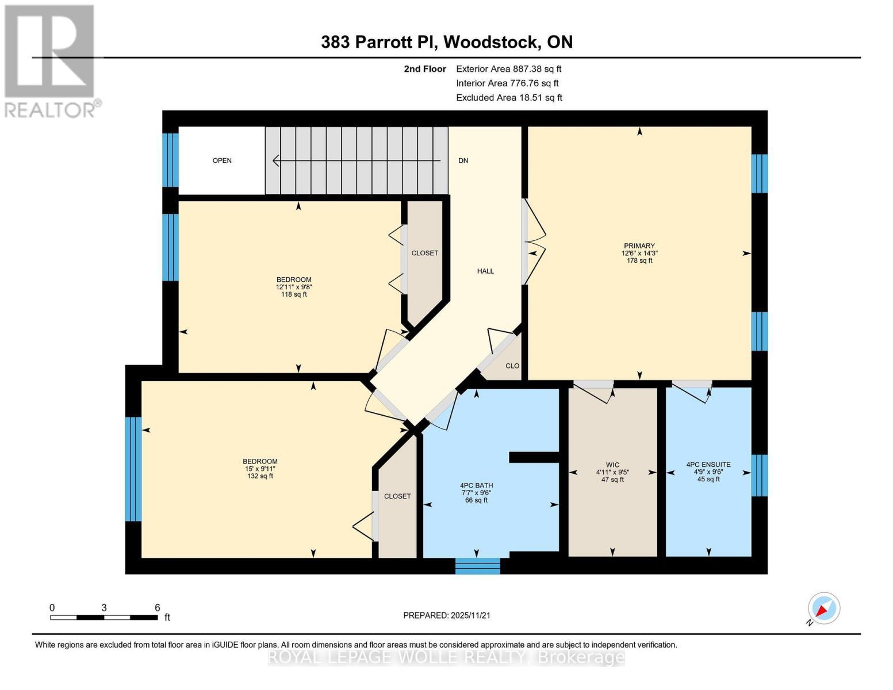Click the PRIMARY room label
pos(639,246)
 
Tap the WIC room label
pos(612,465)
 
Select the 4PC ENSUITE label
pos(708,465)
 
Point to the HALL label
pos(485,271)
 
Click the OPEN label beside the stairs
pos(222,160)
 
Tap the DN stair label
pos(463,160)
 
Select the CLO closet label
pos(512,366)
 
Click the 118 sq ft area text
pos(293,294)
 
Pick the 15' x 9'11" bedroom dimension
pos(260,469)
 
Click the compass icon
pos(823,608)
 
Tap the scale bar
pos(104,618)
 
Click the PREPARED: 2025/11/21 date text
pos(447,615)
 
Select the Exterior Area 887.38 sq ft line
pos(508,68)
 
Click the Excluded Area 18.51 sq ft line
pos(509,98)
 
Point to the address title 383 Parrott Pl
pos(447,42)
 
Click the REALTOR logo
pos(51,60)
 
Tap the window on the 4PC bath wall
pos(477,566)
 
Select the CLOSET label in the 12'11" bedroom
pos(424,253)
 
